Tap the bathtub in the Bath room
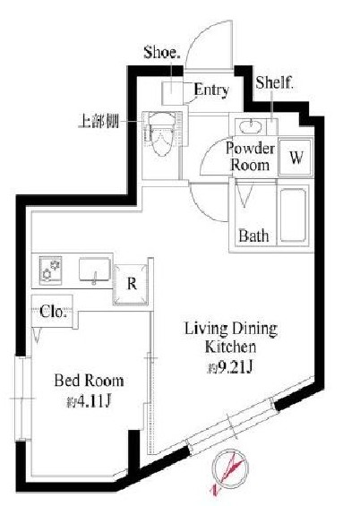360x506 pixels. coord(293,215)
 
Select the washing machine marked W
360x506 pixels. coord(296,158)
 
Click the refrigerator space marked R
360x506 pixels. coord(131,284)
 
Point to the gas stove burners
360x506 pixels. coord(51,270)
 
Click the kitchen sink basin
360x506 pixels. coord(95,270)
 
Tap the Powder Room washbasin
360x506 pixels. coord(250,127)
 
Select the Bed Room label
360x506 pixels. coord(89,381)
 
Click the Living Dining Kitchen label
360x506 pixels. coord(231,338)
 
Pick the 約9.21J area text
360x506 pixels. coord(229,367)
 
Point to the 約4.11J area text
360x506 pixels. coord(89,402)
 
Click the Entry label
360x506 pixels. coord(211,90)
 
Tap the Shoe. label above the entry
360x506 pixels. coord(161,53)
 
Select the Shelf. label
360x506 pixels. coord(275,82)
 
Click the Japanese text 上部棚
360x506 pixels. coord(99,122)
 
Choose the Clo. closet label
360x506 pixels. coord(53,312)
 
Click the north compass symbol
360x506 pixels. coord(230,469)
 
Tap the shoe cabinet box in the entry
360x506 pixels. coord(173,93)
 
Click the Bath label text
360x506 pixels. coord(253,236)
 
